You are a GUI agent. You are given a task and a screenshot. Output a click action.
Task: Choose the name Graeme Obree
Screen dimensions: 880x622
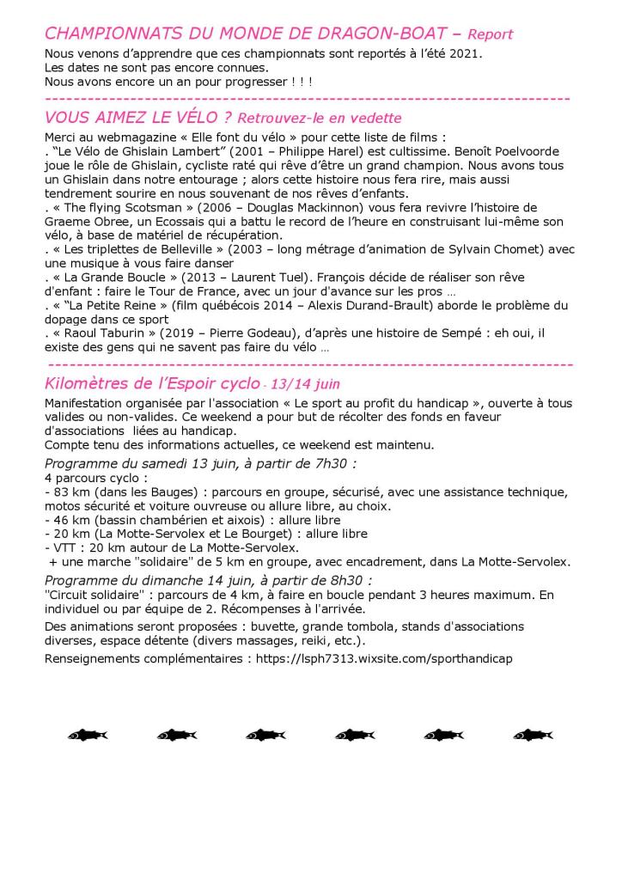tap(84, 222)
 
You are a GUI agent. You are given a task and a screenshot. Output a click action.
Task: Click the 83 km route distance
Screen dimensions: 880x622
tap(67, 492)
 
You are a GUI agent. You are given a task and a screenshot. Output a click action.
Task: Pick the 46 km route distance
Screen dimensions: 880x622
tap(67, 520)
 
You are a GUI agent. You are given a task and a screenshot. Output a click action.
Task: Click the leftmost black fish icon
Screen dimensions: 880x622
tap(87, 735)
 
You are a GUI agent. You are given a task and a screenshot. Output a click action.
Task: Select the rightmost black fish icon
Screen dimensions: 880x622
tap(532, 735)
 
